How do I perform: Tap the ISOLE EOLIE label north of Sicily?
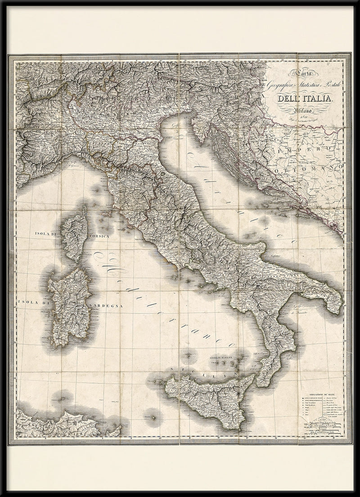220,358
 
